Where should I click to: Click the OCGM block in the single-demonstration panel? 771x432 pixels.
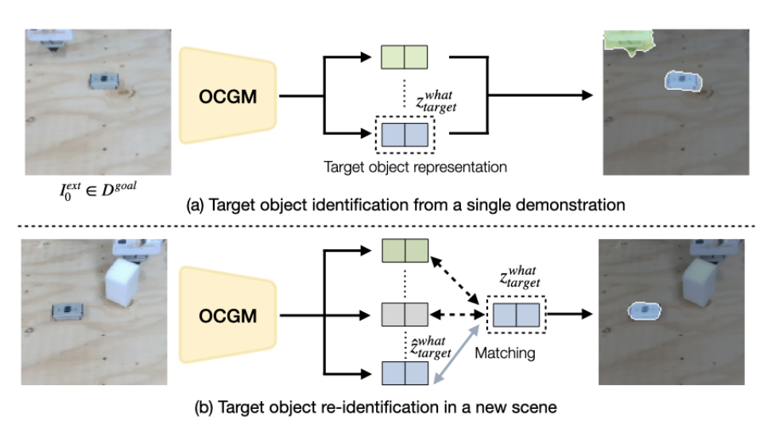[x=227, y=96]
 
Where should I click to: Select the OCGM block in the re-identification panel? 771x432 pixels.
[x=227, y=315]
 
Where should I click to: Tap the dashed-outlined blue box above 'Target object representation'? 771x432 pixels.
[x=405, y=135]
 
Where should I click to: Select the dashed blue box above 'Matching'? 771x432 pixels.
[x=517, y=314]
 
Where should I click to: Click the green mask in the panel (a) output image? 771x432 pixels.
[x=626, y=41]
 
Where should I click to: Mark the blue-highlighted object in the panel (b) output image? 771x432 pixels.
[x=644, y=312]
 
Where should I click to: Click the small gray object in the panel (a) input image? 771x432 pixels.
[x=102, y=80]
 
